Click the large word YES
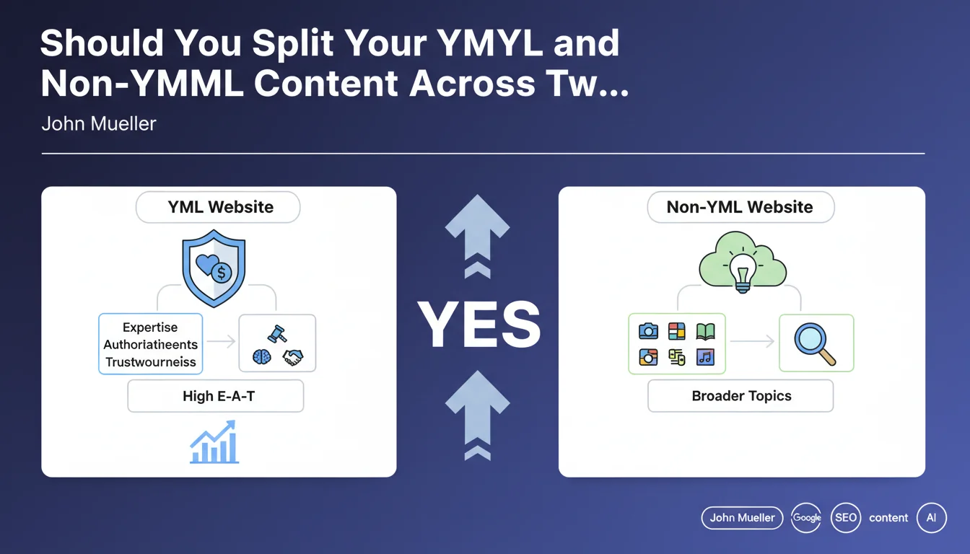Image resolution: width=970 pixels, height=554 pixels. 479,324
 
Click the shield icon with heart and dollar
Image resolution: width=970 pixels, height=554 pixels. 214,268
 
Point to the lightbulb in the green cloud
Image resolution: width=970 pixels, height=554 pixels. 743,273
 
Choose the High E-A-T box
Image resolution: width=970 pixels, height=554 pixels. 216,396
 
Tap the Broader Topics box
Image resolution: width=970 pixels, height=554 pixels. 740,396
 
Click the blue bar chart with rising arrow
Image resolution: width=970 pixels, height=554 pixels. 214,442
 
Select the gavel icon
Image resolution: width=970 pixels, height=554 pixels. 276,334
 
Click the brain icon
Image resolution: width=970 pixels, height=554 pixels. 261,357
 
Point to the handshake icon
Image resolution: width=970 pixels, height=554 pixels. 293,358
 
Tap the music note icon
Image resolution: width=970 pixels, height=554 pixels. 705,358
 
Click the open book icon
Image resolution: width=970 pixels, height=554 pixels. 705,332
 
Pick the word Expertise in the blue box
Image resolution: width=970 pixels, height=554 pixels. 150,327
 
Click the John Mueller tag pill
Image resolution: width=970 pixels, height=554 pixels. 742,518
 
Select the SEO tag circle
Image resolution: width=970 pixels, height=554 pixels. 846,518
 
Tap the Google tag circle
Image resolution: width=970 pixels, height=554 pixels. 806,518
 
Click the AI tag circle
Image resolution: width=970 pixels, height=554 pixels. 932,518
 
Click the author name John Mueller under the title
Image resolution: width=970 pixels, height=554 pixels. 99,124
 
